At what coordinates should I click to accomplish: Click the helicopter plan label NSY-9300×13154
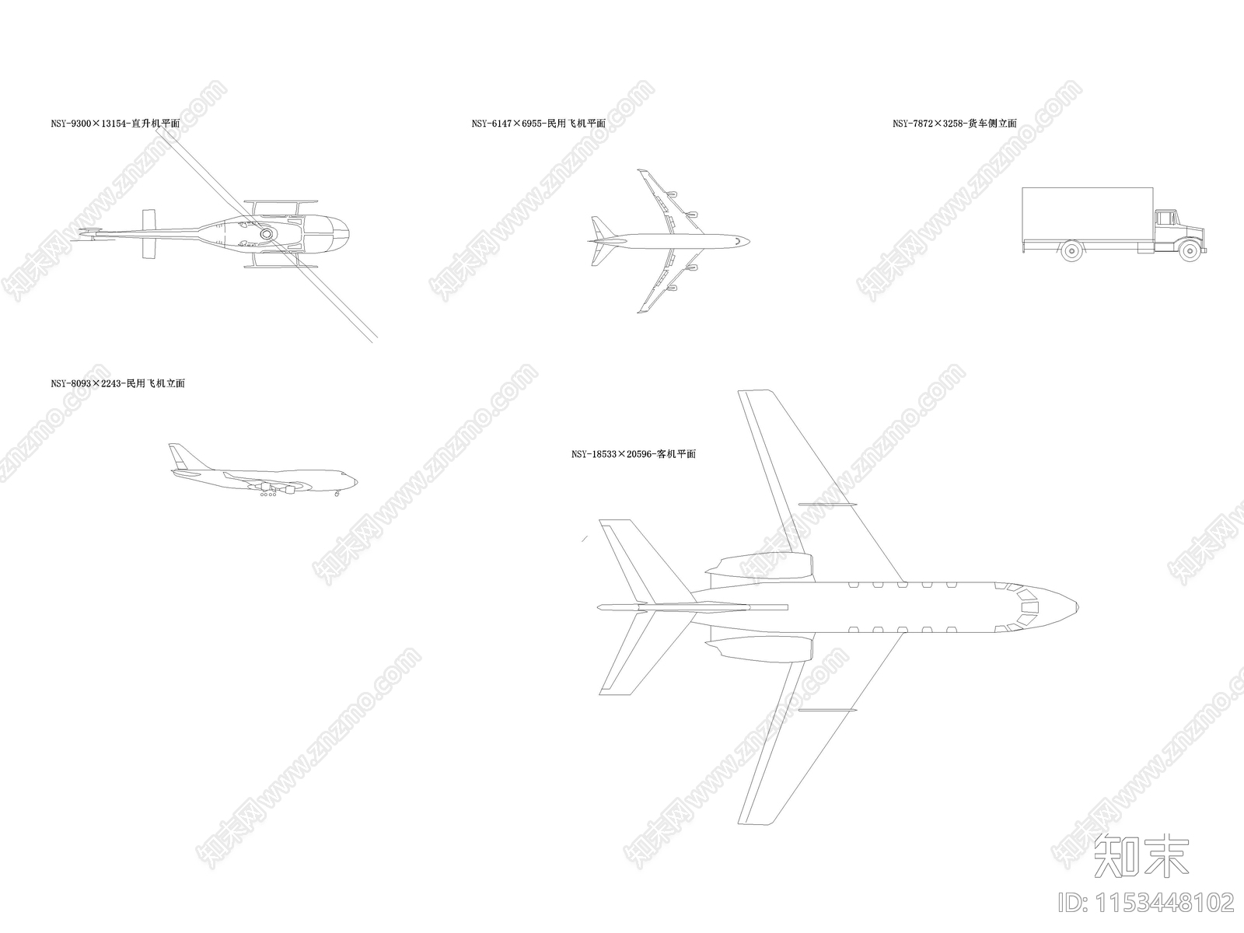116,124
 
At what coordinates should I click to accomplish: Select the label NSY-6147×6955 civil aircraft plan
538,124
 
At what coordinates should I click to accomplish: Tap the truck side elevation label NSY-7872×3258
955,124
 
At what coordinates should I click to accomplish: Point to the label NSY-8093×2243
118,383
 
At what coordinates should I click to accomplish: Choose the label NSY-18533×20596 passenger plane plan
634,454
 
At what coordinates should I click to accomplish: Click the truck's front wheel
1190,250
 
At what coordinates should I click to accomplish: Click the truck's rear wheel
1071,250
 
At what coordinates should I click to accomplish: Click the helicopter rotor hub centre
266,233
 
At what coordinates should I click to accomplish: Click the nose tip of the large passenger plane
1077,607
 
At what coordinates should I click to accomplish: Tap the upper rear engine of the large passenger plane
760,568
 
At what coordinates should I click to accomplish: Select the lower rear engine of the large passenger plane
760,647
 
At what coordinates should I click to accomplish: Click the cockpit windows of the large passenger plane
1023,607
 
